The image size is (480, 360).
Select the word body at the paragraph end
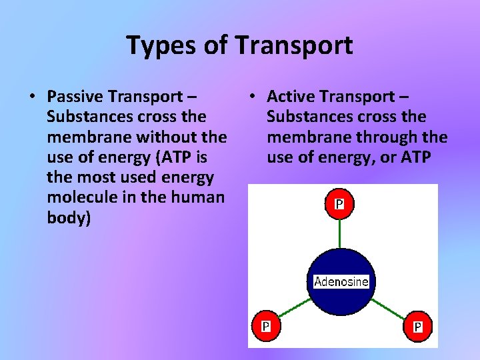tap(67, 218)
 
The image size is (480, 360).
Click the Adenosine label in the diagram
tap(341, 281)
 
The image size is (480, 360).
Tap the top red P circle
tap(339, 204)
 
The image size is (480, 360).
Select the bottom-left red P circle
tap(265, 326)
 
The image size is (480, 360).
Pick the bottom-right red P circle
tap(417, 326)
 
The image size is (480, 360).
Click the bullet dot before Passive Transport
tap(31, 97)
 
